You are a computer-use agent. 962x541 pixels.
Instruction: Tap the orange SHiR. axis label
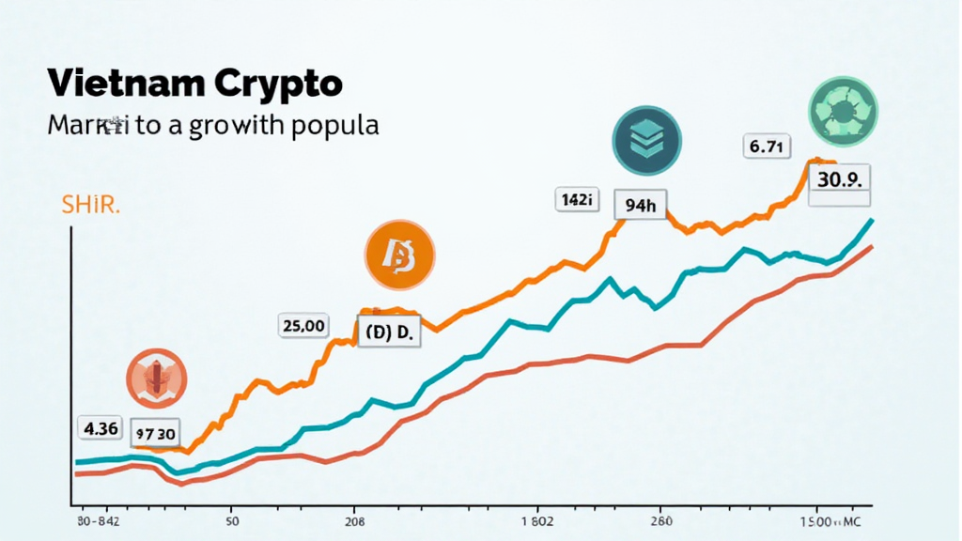[x=90, y=207]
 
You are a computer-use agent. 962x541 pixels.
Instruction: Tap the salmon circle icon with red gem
[x=157, y=379]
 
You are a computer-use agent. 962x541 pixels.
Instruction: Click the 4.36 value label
[x=101, y=428]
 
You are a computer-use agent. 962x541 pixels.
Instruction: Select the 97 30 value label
[x=155, y=434]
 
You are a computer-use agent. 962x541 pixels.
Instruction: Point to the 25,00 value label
[x=303, y=326]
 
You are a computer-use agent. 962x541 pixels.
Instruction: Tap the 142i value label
[x=574, y=199]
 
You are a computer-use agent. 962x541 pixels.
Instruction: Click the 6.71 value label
[x=768, y=147]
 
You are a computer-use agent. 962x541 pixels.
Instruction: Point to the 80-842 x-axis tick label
[x=101, y=519]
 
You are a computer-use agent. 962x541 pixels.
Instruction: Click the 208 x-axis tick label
[x=356, y=519]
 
